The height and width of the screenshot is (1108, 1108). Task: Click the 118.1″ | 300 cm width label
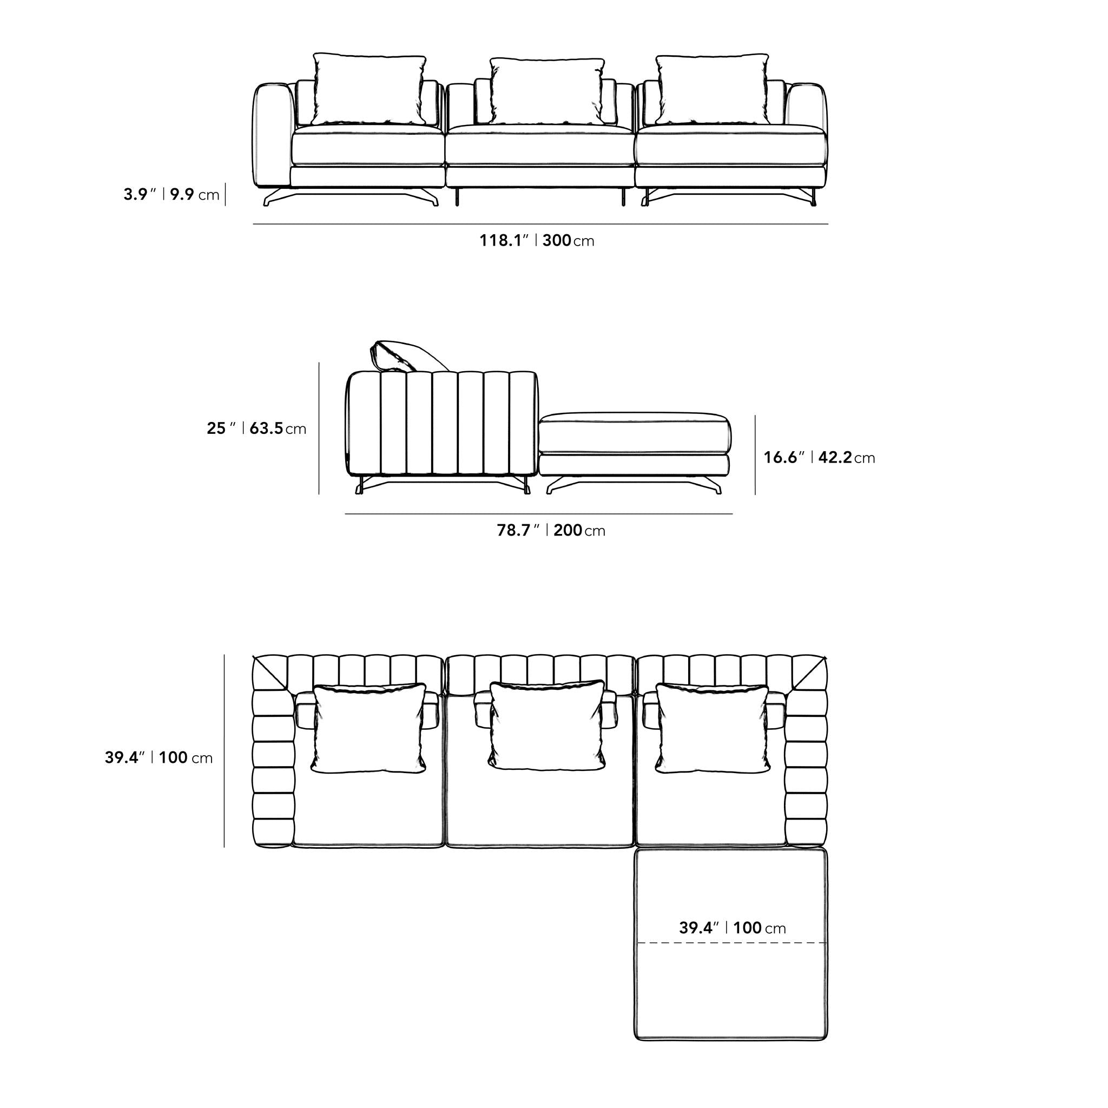(x=537, y=240)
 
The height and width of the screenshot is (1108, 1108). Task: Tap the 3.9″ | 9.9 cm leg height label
(x=172, y=194)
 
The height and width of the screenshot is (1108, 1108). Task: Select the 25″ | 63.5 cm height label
(x=256, y=428)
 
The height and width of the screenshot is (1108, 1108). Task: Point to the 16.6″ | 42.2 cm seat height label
(x=819, y=457)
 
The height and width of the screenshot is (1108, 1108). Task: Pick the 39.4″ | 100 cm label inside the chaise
(x=733, y=927)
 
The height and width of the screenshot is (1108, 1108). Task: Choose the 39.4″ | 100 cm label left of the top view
(x=159, y=757)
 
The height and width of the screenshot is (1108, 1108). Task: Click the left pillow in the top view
(x=369, y=728)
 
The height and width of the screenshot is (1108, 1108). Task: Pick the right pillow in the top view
(x=713, y=728)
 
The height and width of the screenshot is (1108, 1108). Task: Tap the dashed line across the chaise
(x=731, y=942)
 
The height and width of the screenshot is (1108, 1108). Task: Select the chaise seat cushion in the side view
(x=635, y=433)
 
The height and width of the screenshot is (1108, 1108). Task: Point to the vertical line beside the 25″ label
(x=319, y=428)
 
